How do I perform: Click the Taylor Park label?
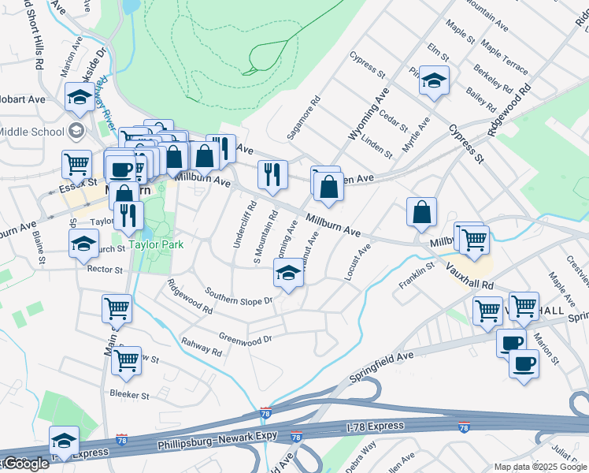(157, 245)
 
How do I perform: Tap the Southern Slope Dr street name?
(239, 296)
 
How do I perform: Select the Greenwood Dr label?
(245, 337)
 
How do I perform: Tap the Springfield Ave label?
(382, 367)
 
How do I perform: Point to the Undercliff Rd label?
(243, 225)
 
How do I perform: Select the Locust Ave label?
(357, 263)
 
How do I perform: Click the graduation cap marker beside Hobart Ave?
(79, 97)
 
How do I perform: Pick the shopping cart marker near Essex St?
(77, 164)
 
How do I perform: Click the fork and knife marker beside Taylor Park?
(128, 214)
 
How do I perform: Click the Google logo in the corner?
(25, 464)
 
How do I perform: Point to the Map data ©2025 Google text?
(540, 467)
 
